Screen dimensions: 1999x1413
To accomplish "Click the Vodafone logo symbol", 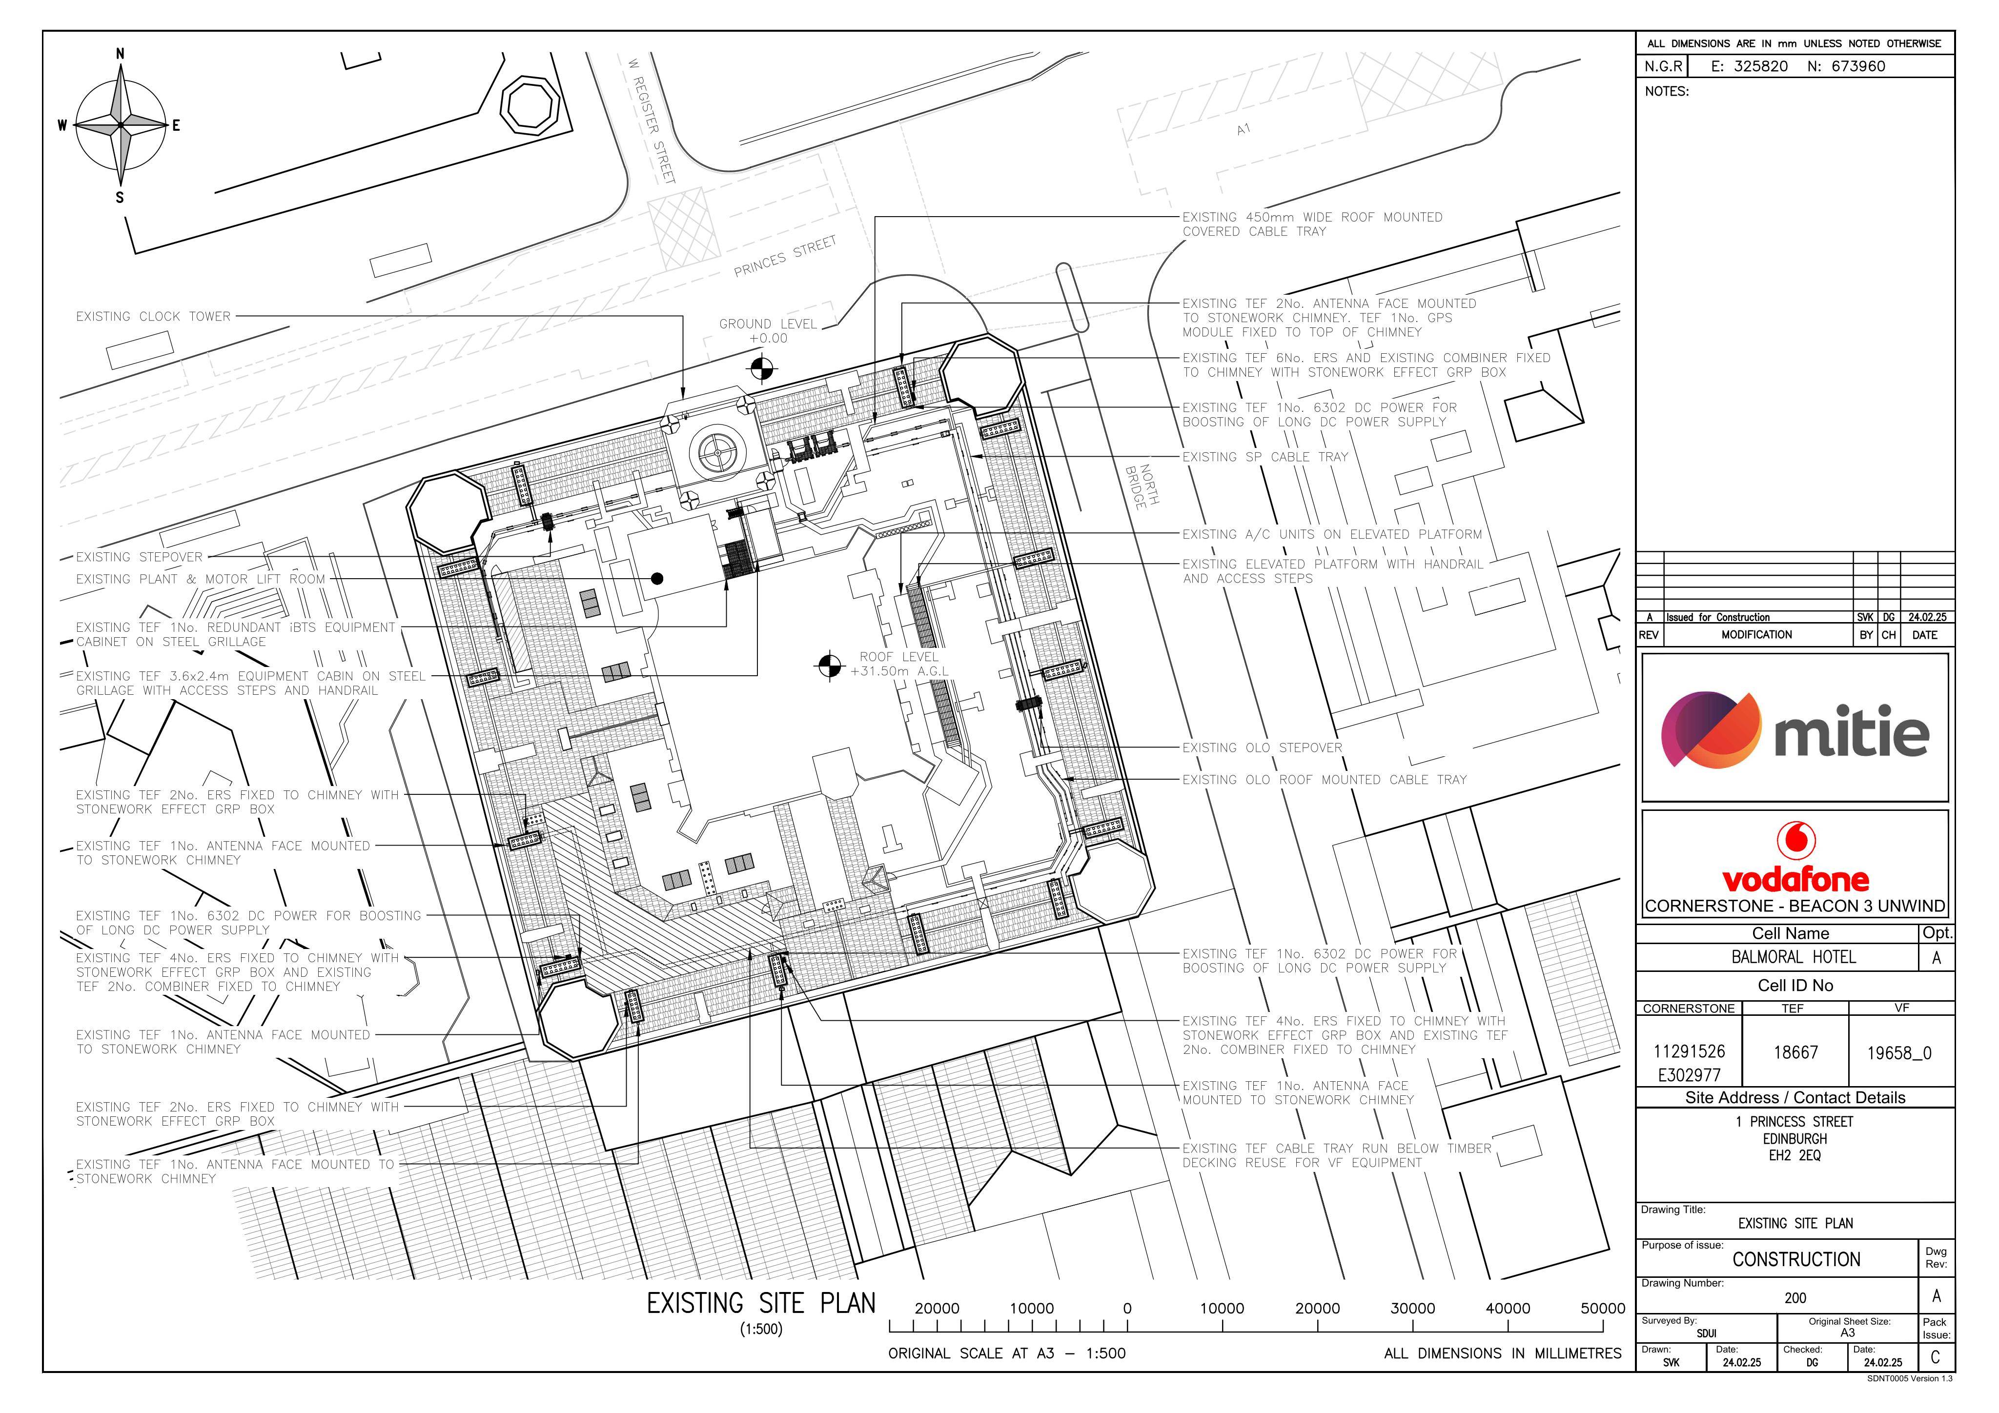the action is [1795, 839].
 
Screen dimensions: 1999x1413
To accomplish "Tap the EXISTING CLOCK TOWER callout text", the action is [153, 316].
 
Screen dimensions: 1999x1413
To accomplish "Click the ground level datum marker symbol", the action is [762, 369].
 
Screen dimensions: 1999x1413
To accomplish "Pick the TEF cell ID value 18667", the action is [1796, 1052].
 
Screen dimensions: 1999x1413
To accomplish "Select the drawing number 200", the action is [1795, 1298].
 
